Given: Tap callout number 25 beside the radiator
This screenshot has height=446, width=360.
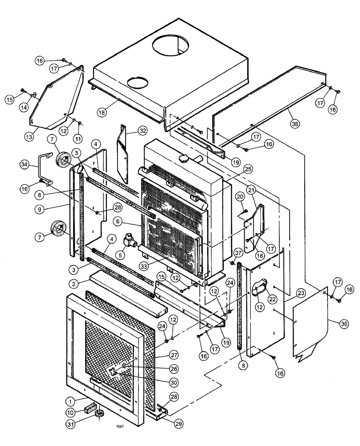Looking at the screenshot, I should tap(248, 169).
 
